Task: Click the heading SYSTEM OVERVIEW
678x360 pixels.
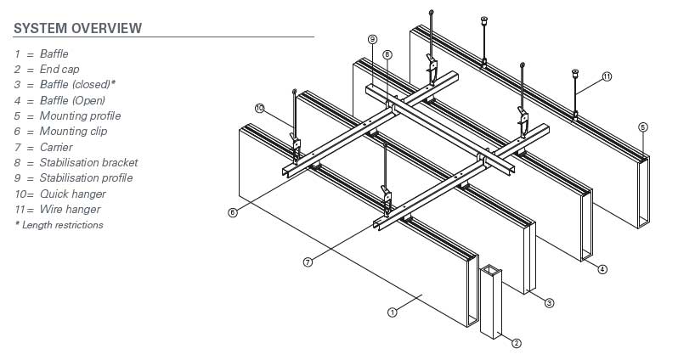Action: coord(77,28)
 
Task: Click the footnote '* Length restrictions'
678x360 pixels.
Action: coord(59,225)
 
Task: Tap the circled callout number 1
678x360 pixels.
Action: coord(393,312)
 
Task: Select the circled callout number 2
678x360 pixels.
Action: coord(516,343)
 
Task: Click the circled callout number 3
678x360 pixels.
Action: coord(549,302)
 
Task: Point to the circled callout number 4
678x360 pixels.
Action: coord(602,270)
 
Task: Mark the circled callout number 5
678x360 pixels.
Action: coord(642,127)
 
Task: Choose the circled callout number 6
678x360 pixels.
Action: coord(233,212)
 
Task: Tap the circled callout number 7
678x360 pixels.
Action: coord(308,262)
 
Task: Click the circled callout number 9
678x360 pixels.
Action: coord(372,39)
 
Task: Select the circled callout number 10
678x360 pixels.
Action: coord(259,107)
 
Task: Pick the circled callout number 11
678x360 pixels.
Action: coord(607,76)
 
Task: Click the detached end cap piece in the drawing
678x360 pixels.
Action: coord(491,301)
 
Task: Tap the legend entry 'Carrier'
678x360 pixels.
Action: coord(55,147)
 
